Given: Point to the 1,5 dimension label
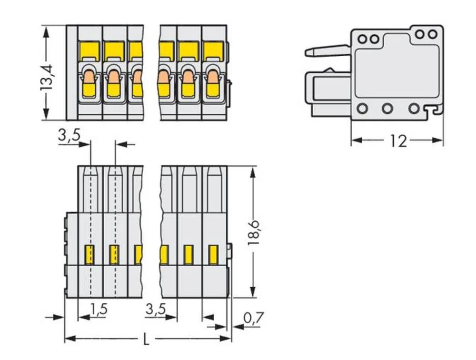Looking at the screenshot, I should coord(99,310).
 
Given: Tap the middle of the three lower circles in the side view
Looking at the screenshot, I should coord(387,109).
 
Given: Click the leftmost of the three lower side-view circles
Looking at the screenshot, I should coord(363,109).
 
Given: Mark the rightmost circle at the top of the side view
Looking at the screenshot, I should coord(432,34).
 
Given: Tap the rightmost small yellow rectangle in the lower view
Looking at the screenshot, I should coord(213,254).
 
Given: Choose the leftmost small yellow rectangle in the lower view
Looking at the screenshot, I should coord(89,254).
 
